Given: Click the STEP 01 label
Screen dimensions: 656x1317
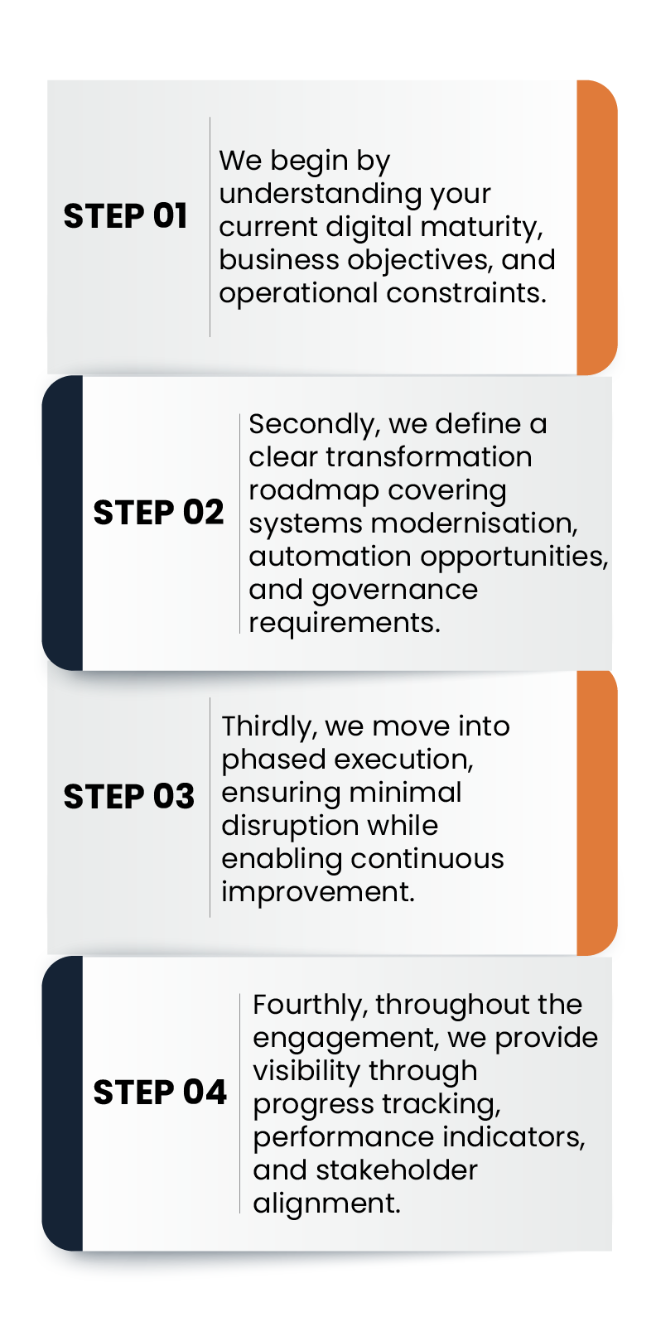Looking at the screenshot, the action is [125, 216].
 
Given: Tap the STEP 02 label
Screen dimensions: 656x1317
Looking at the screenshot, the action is [159, 512].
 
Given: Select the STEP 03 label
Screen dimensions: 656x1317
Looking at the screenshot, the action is [128, 797].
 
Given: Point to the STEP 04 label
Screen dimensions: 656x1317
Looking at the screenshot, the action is [160, 1093].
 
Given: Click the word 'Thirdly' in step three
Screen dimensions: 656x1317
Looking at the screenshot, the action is [269, 727].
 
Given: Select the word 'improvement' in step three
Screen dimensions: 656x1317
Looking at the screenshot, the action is [318, 893].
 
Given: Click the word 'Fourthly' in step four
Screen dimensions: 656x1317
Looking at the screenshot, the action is [311, 1006].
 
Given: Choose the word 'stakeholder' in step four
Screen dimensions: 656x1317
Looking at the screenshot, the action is [397, 1170].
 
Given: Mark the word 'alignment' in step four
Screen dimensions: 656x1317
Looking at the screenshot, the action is [327, 1204].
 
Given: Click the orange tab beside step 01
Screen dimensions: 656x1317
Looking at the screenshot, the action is [597, 227].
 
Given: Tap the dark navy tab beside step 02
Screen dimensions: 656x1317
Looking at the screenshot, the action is [62, 523].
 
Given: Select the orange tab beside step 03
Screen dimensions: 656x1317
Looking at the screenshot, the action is [597, 813].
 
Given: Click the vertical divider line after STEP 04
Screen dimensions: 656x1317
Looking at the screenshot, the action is [240, 1103].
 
